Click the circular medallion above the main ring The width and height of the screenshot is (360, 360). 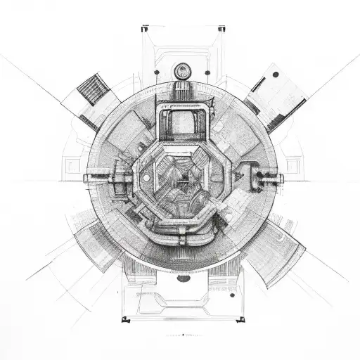[x=183, y=70]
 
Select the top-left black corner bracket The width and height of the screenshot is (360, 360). [x=144, y=30]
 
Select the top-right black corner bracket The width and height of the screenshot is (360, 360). [x=221, y=30]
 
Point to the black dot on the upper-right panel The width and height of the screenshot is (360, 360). [x=275, y=74]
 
